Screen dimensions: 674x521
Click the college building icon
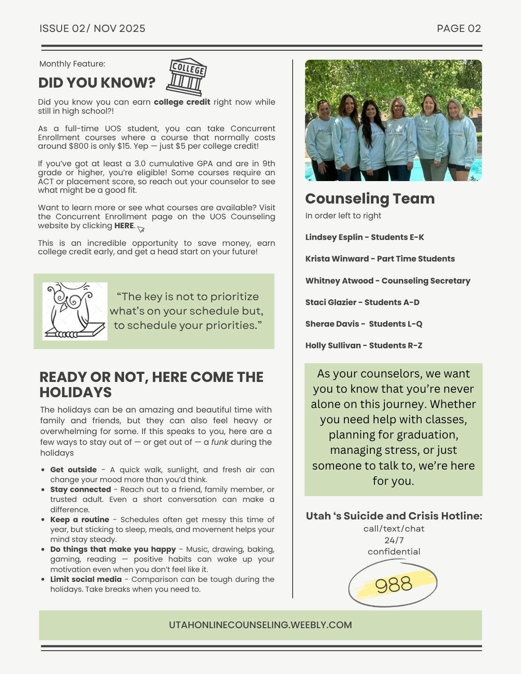click(187, 77)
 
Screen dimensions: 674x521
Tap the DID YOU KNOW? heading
click(97, 83)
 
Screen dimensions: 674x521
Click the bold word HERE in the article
click(124, 226)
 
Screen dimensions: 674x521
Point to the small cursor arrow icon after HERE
click(141, 229)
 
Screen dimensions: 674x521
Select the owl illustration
click(75, 311)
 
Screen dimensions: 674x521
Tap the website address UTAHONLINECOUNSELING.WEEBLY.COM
click(260, 625)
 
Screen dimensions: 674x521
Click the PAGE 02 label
click(459, 29)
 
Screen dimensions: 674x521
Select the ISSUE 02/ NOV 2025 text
click(92, 29)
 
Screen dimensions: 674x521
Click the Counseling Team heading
click(370, 199)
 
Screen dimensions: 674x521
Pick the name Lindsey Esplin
click(334, 237)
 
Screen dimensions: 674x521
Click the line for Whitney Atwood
click(387, 281)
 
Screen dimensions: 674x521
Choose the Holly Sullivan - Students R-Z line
click(364, 346)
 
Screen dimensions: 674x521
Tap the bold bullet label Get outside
click(73, 470)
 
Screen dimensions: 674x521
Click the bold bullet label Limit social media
click(86, 579)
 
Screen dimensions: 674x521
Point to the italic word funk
click(219, 442)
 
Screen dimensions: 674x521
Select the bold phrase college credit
click(182, 102)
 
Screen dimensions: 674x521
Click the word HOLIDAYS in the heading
click(76, 392)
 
